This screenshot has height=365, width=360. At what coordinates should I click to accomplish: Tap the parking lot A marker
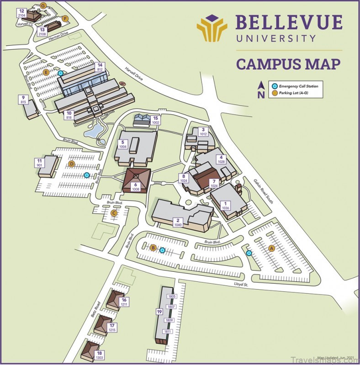271,248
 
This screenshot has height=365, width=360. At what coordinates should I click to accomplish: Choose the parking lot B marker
154,248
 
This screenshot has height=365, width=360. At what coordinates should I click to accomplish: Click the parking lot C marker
115,213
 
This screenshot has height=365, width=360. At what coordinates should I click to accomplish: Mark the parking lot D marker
71,164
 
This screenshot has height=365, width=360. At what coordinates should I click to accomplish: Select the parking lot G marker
43,5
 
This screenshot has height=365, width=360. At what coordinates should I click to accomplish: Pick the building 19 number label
159,312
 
